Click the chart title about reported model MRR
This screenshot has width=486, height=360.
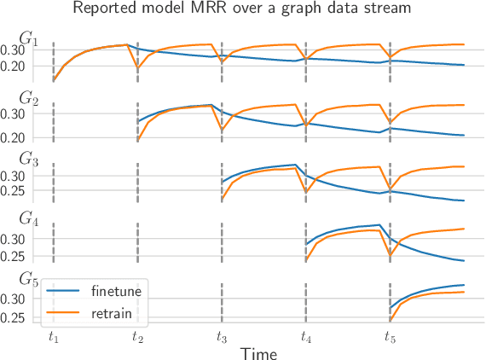(x=242, y=9)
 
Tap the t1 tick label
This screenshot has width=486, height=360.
(x=54, y=337)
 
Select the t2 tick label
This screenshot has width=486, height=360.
(x=137, y=337)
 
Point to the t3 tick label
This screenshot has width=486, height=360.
(x=221, y=337)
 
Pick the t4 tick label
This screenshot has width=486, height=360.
(x=305, y=337)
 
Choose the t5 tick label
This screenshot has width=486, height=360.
(x=389, y=337)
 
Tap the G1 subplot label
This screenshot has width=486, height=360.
(x=29, y=39)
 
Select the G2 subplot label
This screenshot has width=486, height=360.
(x=29, y=99)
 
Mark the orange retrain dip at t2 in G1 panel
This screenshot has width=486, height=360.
(x=137, y=69)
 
